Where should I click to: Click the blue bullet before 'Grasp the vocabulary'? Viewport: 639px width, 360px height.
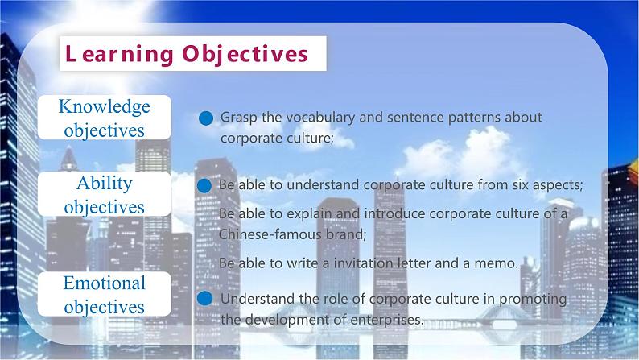point(205,118)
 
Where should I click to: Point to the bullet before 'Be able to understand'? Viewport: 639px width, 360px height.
point(204,185)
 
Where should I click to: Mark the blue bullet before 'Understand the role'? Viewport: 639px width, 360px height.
point(205,299)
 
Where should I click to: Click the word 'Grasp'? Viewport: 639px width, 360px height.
point(239,117)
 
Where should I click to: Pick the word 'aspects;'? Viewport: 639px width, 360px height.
point(556,184)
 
